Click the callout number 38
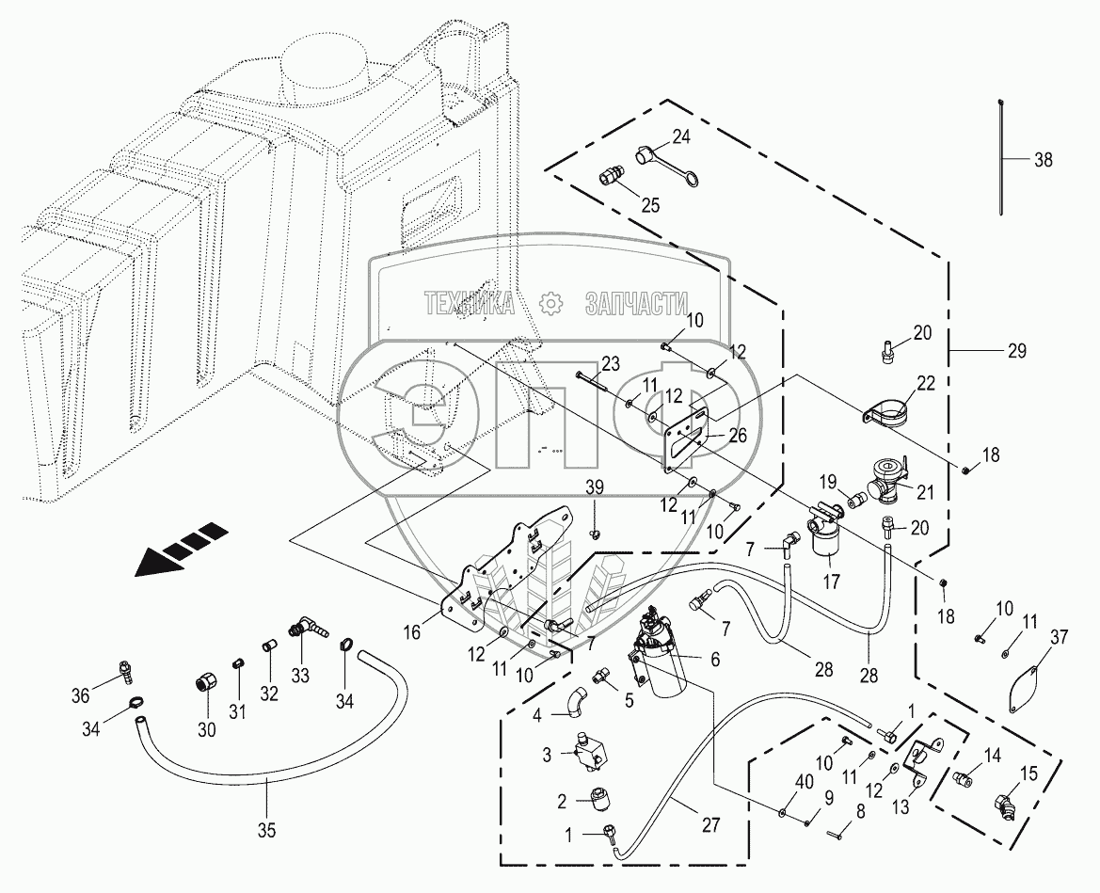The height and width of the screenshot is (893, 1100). pos(1044,160)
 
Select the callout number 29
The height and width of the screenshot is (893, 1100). pos(1016,350)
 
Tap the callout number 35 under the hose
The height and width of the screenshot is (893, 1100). pos(266,831)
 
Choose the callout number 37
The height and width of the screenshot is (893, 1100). pos(1059,636)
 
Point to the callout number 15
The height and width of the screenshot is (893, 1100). pos(1028,773)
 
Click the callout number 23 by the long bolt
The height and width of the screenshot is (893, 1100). pos(611,364)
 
